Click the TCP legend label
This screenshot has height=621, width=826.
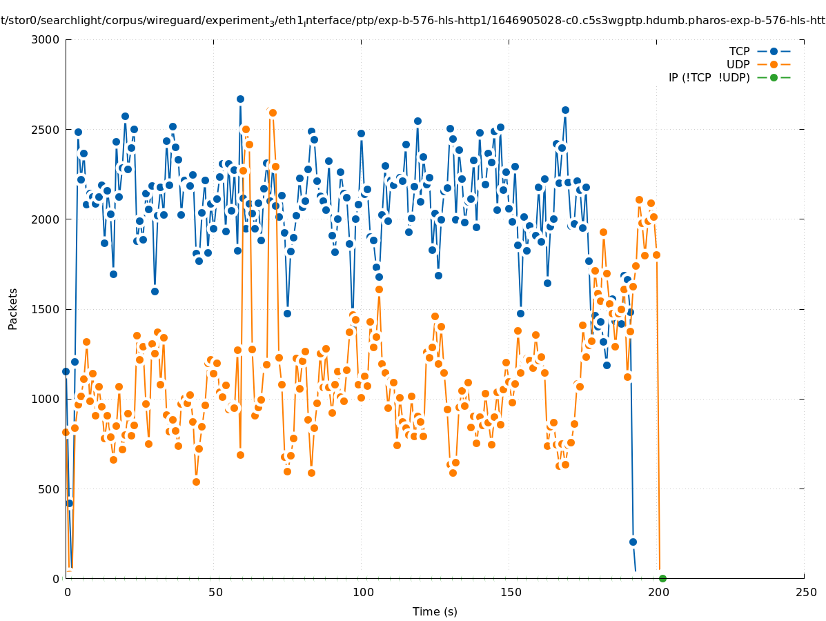click(x=739, y=51)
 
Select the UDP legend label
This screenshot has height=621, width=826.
click(x=738, y=64)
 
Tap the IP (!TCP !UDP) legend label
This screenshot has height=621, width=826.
click(x=709, y=77)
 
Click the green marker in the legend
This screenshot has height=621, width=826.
click(x=774, y=77)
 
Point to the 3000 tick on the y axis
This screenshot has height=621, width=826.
click(x=48, y=39)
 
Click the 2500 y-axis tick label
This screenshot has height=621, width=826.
click(x=48, y=129)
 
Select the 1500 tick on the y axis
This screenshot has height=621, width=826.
click(x=48, y=309)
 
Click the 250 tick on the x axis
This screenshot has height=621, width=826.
click(x=804, y=592)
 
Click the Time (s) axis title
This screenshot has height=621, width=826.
click(x=435, y=611)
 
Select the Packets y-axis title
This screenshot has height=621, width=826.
click(x=13, y=308)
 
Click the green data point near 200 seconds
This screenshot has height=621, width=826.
click(x=662, y=578)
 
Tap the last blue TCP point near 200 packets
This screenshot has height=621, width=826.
click(x=633, y=542)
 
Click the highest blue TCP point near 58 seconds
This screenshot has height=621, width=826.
click(x=240, y=99)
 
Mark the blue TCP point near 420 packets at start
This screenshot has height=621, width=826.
click(x=69, y=503)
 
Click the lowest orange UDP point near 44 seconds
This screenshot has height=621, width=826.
click(x=196, y=482)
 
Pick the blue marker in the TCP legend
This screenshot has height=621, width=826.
click(x=774, y=51)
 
